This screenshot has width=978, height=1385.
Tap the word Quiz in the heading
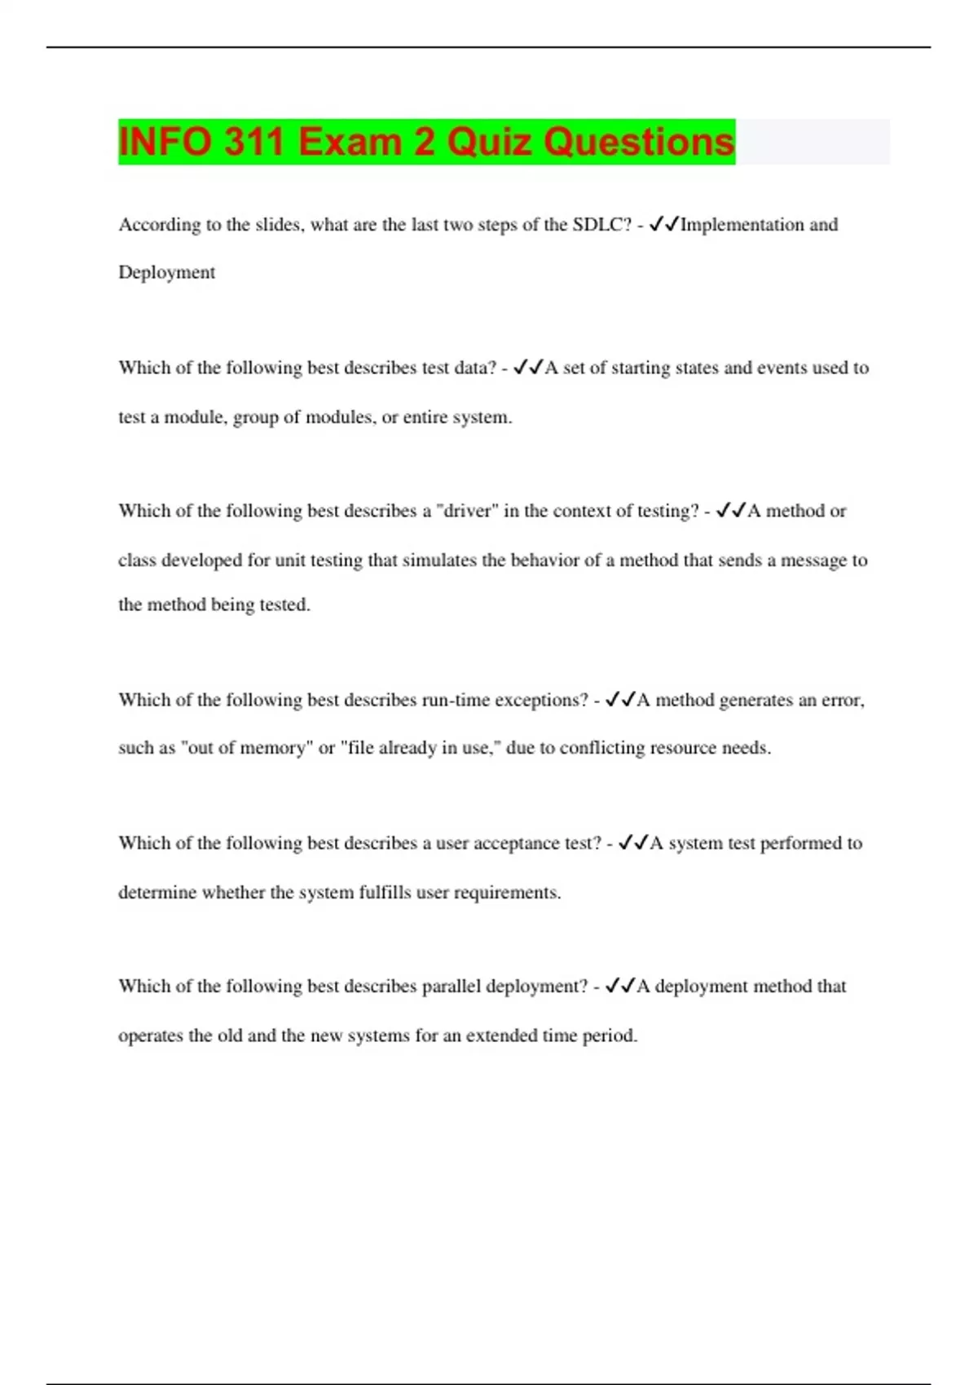point(490,142)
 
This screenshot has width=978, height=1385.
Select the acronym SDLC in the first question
point(601,225)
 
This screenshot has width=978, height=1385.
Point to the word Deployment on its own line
point(166,273)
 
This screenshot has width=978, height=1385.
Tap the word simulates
point(440,561)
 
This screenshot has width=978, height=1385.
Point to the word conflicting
point(601,748)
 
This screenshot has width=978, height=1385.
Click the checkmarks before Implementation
point(663,225)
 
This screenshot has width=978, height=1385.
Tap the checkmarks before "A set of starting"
point(528,368)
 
